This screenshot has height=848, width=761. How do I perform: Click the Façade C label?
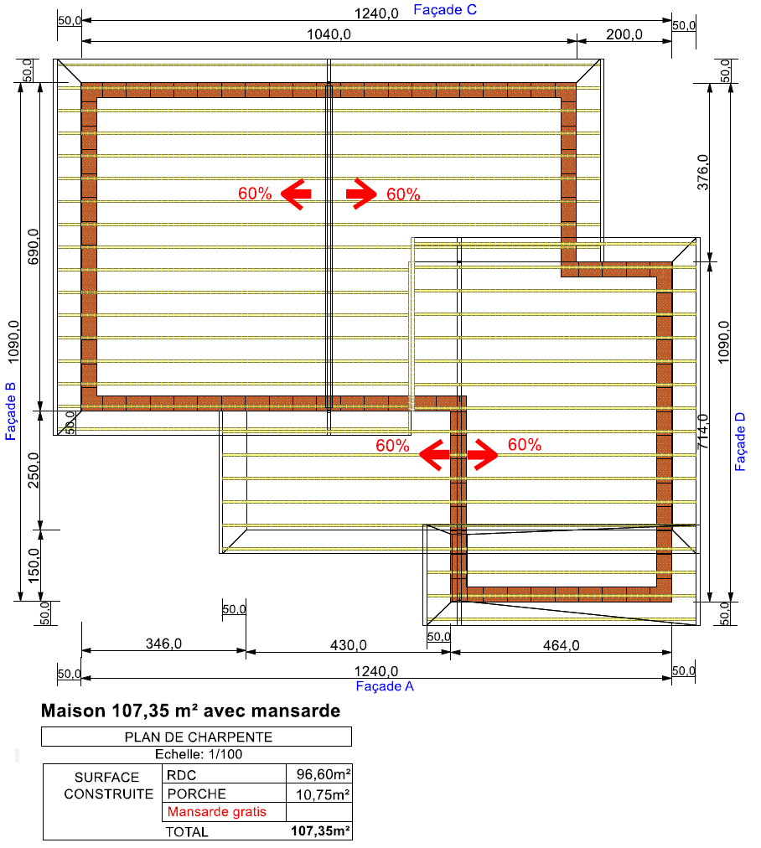coord(445,10)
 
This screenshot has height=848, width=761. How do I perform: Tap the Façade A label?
coord(385,686)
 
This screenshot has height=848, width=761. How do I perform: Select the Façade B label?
coord(10,411)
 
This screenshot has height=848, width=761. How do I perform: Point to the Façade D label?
coord(740,442)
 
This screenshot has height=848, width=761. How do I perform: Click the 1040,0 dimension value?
coord(329,34)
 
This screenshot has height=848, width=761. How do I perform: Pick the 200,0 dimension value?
coord(624,34)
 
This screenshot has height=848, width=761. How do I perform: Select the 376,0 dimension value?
coord(702,172)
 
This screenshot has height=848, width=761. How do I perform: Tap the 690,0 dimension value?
coord(34,246)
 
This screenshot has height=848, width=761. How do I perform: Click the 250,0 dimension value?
coord(34,470)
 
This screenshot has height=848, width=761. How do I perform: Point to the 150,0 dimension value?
coord(34,566)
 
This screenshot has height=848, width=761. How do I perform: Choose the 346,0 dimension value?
coord(164,644)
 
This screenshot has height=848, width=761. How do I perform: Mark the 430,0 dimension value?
coord(349,645)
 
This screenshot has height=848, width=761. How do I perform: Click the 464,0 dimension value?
coord(561,645)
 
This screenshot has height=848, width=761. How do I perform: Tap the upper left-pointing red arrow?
coord(296,194)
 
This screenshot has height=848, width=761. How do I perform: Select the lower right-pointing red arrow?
coord(483,454)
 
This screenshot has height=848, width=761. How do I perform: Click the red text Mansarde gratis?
coord(217,812)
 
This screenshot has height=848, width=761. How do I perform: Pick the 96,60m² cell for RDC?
coord(324,774)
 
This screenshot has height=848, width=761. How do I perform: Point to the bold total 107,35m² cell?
coord(321,830)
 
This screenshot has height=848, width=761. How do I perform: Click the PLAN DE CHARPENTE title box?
coord(196,737)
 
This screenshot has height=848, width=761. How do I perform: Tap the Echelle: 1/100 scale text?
coord(199,754)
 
